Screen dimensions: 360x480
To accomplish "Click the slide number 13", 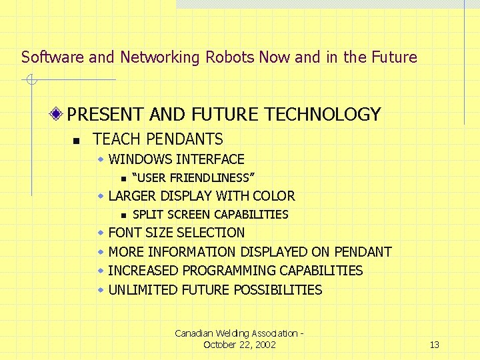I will coord(434,345).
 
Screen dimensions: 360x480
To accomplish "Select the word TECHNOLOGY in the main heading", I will coord(323,115).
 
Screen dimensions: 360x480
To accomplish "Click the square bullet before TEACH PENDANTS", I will coord(77,141).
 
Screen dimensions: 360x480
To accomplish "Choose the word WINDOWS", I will coord(140,159).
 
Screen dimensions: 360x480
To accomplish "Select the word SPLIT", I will coord(147,215).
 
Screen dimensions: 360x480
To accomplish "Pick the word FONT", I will coord(123,233).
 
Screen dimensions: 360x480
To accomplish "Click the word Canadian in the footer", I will coord(192,333).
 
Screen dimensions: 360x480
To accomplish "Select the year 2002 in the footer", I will coord(263,345).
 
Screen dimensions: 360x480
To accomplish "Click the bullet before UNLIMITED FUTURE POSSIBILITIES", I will coord(100,290).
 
